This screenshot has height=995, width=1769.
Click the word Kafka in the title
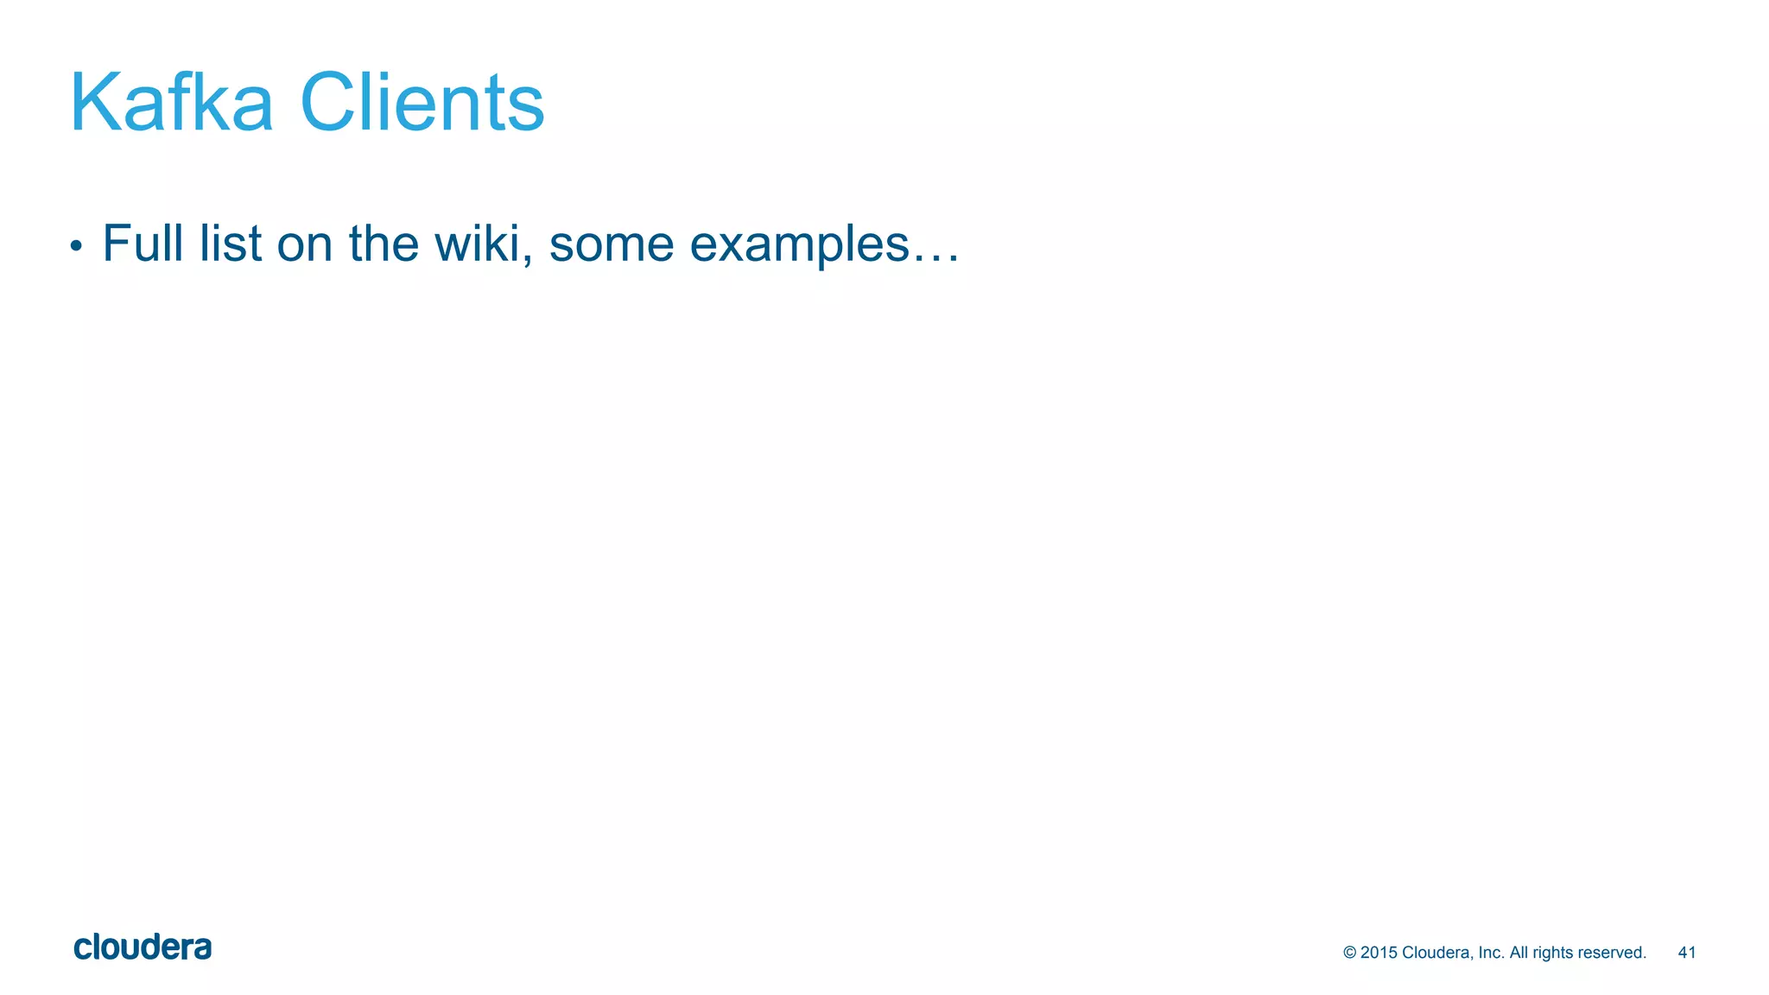[171, 103]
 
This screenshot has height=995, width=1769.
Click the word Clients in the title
[422, 103]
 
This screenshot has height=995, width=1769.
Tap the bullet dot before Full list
[76, 247]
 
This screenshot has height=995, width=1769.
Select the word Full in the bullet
[143, 244]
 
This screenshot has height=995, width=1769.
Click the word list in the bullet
[230, 244]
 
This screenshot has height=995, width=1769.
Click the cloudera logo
[143, 947]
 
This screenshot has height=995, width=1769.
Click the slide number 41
[1686, 953]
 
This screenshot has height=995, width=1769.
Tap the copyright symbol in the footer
[1349, 953]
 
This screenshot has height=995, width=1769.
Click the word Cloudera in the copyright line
[1436, 953]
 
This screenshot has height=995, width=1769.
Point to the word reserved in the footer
[1614, 953]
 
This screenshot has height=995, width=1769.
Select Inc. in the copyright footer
[1491, 953]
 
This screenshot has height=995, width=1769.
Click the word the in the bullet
[384, 244]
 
